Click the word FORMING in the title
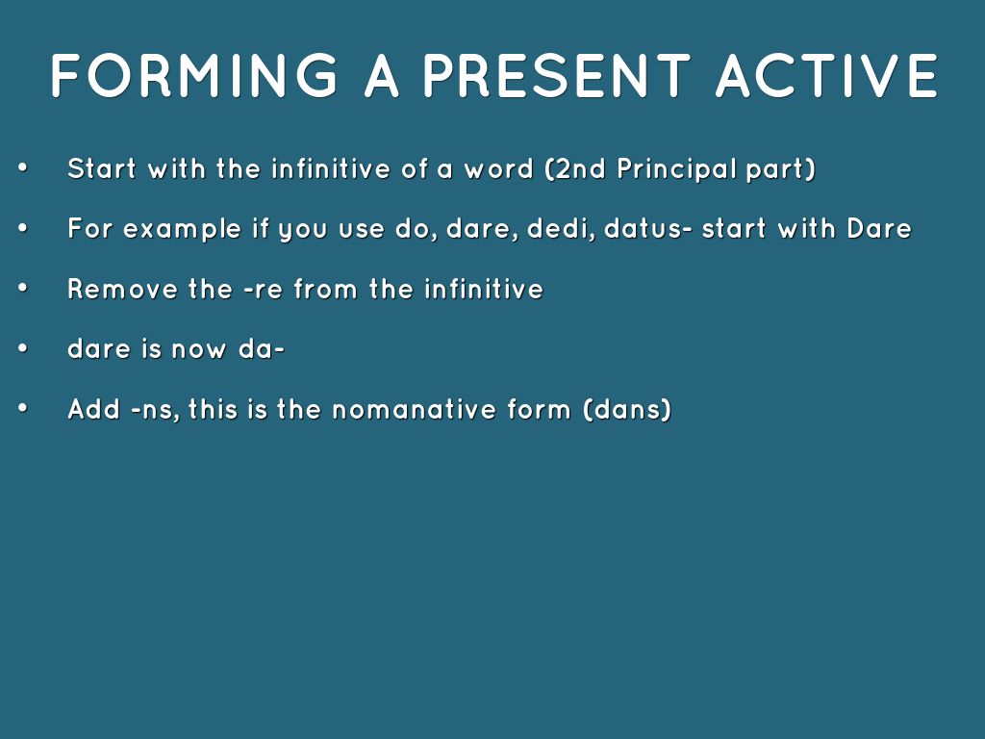194,75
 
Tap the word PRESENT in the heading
557,75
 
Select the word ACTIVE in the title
827,75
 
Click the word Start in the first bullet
102,168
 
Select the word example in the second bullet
182,230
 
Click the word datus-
648,229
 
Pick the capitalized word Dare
879,229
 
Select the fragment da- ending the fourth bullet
262,349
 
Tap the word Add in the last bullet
93,410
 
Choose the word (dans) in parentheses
627,410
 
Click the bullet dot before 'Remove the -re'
23,288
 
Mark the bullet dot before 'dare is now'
23,347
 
